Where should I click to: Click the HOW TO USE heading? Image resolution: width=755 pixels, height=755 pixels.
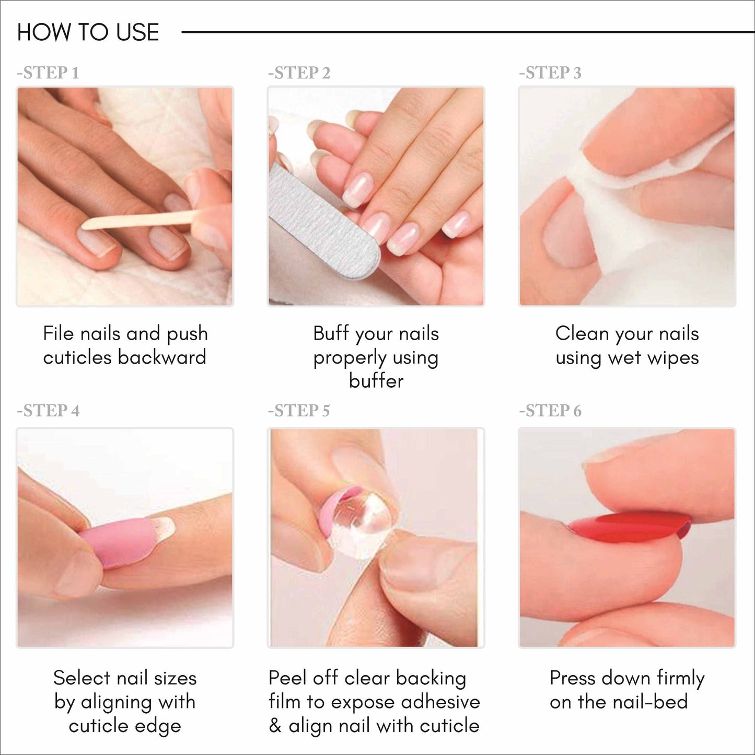tap(88, 32)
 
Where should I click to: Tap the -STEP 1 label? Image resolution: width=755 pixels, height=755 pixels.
tap(48, 73)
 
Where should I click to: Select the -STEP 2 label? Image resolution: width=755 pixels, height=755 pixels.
tap(299, 73)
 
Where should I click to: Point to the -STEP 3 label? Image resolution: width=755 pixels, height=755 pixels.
tap(550, 73)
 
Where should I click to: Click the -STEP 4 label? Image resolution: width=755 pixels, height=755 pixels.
tap(48, 411)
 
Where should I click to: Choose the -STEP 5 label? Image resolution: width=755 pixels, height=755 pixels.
tap(299, 411)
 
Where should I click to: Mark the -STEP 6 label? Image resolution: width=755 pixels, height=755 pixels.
tap(550, 411)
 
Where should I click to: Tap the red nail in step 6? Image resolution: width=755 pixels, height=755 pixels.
tap(632, 525)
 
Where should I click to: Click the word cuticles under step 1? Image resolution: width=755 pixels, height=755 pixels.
tap(78, 357)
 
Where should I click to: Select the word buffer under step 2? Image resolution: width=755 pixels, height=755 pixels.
tap(376, 381)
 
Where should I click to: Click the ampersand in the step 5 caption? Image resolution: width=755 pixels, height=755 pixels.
tap(275, 726)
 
